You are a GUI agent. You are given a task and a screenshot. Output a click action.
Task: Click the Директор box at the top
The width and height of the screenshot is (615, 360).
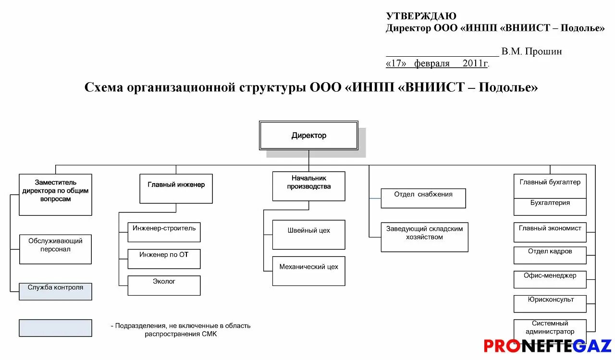click(x=308, y=136)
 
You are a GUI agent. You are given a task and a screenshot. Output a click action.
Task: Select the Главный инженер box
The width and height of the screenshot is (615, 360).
click(x=176, y=188)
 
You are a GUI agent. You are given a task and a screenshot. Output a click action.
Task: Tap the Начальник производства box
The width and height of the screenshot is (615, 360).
click(x=308, y=186)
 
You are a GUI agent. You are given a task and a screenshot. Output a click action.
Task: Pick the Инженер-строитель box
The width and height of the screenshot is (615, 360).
click(x=164, y=232)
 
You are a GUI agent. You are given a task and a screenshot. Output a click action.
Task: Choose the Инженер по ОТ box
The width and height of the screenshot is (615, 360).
click(x=164, y=259)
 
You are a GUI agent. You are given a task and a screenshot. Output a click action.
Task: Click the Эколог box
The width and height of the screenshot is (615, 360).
click(x=164, y=286)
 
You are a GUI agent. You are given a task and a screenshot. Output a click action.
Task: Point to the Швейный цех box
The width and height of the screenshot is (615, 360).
click(x=308, y=235)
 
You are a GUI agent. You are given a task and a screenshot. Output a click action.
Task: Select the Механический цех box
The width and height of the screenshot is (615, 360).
click(x=308, y=271)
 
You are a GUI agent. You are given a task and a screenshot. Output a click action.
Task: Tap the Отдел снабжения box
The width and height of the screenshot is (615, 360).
click(x=423, y=198)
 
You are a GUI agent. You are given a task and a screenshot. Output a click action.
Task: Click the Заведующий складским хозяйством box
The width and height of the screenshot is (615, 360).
click(x=424, y=237)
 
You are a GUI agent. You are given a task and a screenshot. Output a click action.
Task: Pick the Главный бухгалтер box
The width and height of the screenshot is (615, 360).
click(x=550, y=186)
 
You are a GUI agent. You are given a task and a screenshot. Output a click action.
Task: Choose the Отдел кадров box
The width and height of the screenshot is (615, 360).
click(x=550, y=255)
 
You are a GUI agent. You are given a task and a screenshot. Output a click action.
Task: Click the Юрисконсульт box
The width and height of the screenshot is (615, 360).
click(x=550, y=303)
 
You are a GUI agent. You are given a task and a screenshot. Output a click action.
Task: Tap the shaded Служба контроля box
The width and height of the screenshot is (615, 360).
click(x=55, y=291)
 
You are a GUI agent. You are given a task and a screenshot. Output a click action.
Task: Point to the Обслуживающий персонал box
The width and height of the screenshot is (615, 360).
click(x=55, y=249)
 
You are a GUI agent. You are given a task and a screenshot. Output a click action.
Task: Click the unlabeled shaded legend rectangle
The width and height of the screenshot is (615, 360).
click(x=55, y=328)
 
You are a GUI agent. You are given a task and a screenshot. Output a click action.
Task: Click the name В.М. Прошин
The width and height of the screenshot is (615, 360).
click(x=531, y=51)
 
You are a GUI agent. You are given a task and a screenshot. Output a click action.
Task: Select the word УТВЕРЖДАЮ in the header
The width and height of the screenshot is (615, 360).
click(x=421, y=16)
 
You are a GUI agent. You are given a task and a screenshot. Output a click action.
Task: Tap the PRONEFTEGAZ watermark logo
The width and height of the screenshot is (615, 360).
click(x=547, y=346)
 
